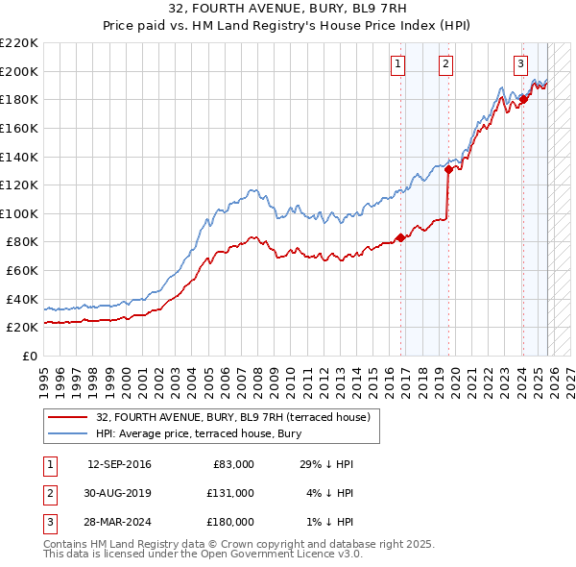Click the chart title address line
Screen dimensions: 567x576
[287, 12]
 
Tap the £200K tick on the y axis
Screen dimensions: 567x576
[19, 71]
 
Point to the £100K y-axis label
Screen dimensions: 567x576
[19, 213]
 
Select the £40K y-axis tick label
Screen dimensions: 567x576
[22, 299]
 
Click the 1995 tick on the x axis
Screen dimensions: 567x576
[43, 375]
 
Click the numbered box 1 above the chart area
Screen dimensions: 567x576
[397, 64]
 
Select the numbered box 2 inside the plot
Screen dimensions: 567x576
[446, 64]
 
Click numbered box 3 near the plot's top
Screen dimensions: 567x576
[520, 64]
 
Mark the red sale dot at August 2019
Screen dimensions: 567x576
[448, 169]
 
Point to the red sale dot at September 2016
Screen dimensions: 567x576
[399, 237]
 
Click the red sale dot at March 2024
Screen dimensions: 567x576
[523, 99]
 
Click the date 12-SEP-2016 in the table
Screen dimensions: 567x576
[119, 464]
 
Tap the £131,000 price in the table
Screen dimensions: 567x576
[230, 492]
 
